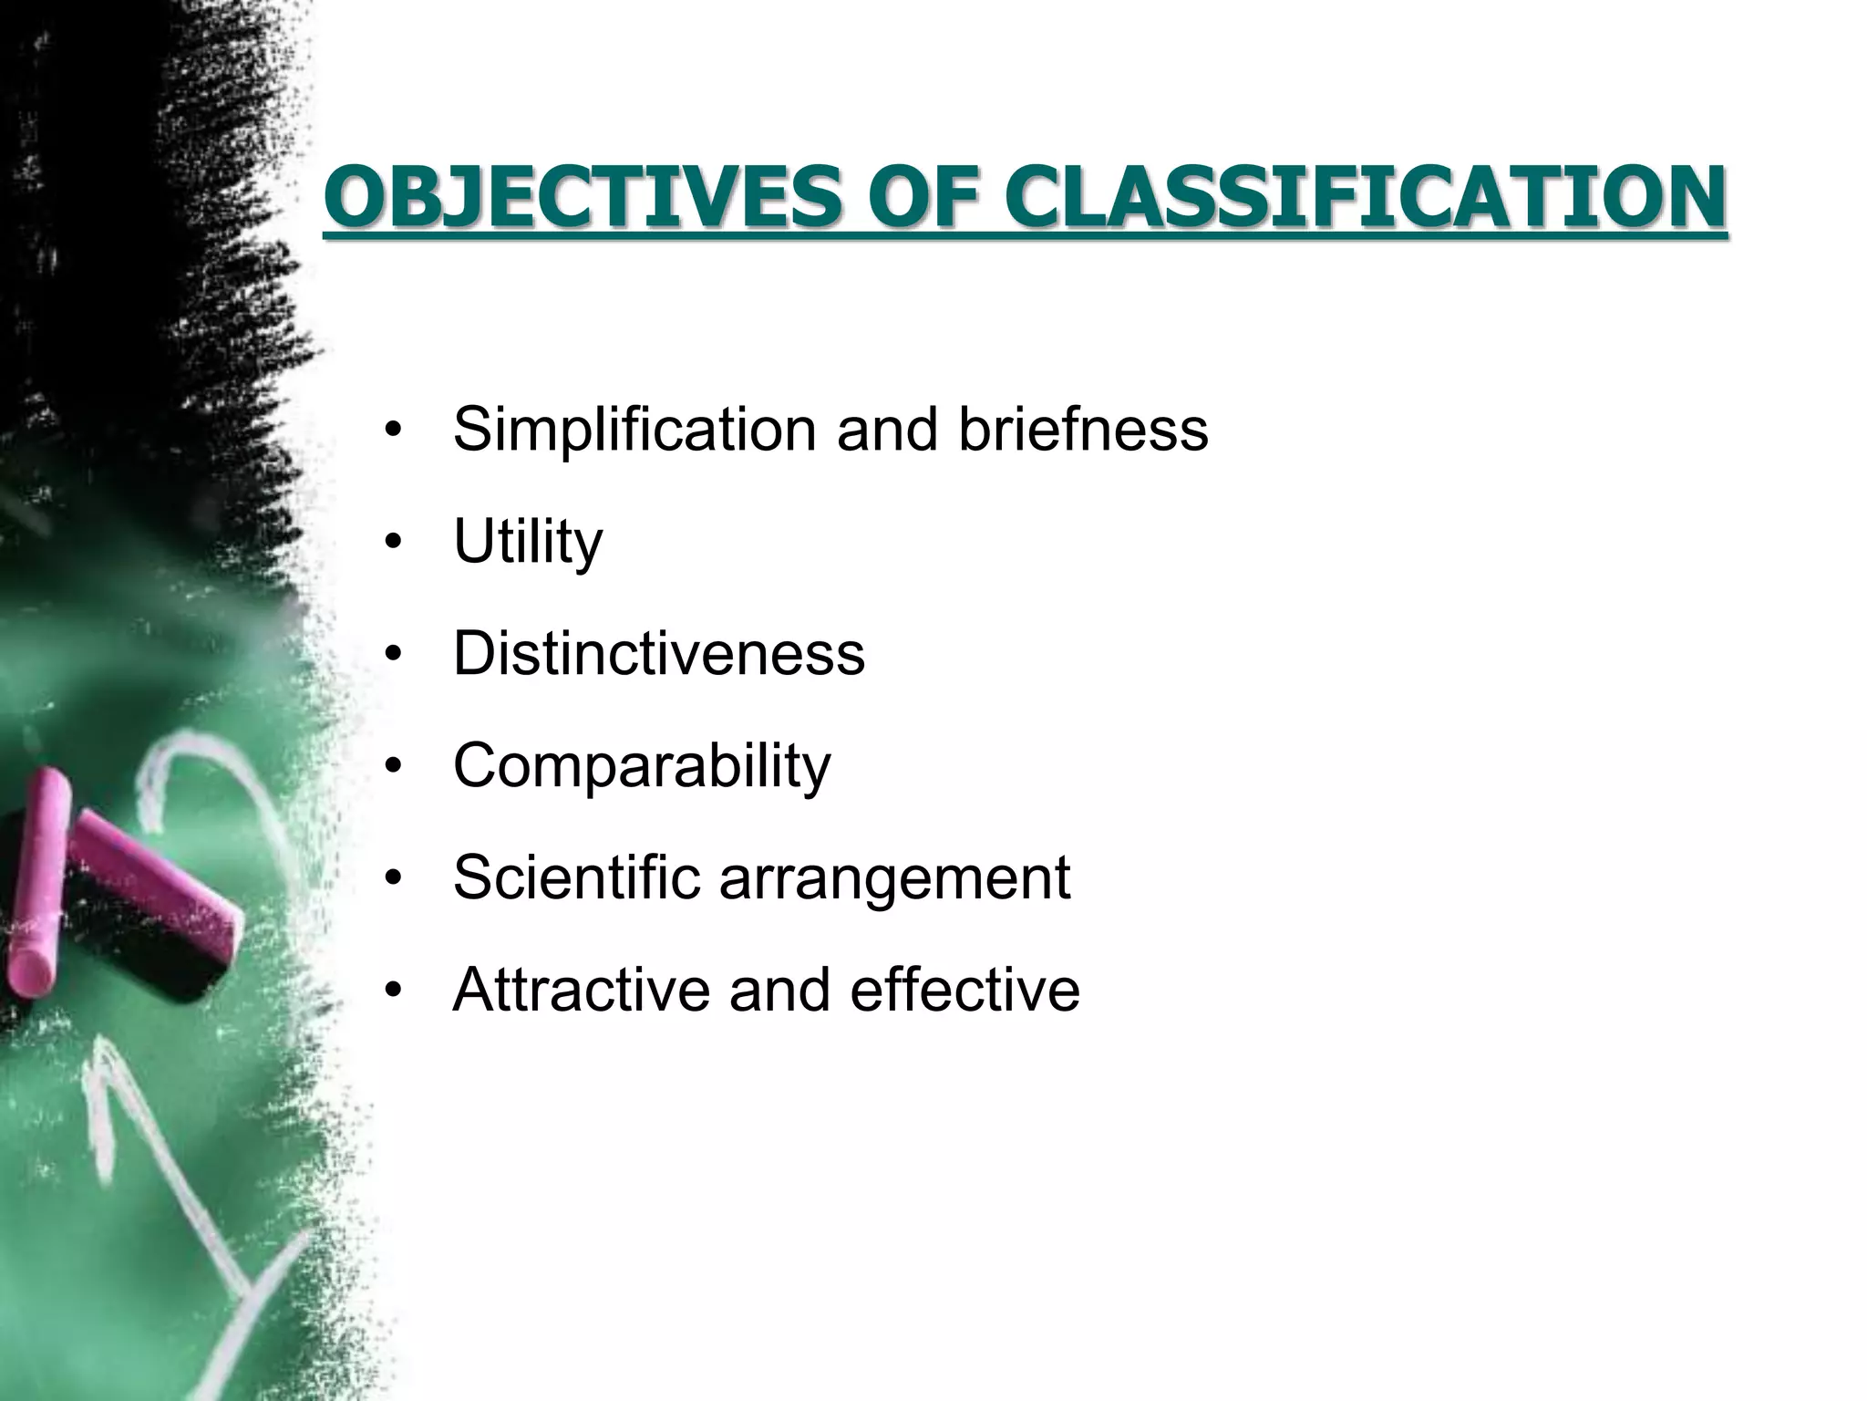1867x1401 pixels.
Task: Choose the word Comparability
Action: (642, 766)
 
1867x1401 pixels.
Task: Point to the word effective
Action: (964, 989)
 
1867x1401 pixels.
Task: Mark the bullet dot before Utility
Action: (393, 544)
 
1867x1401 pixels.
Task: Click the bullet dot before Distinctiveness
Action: (393, 656)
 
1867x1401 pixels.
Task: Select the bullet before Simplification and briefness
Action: (393, 431)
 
